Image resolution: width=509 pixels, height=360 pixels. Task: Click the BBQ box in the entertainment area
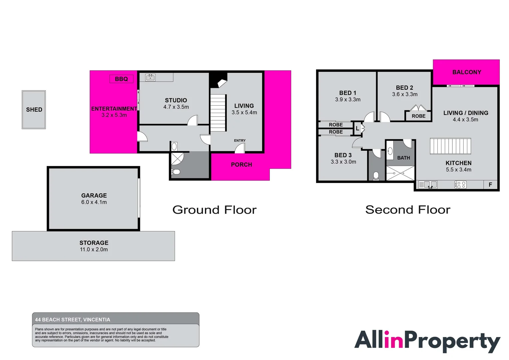[x=121, y=79]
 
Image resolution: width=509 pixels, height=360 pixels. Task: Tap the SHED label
[x=34, y=110]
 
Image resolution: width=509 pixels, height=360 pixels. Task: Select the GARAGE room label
[x=94, y=196]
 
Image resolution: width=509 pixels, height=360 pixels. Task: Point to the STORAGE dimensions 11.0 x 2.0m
[x=94, y=250]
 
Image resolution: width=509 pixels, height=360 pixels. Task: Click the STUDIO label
[x=176, y=100]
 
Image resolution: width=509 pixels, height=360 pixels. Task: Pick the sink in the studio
[x=150, y=78]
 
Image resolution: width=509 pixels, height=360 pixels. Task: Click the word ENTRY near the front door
[x=240, y=141]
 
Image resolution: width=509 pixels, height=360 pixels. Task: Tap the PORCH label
[x=242, y=165]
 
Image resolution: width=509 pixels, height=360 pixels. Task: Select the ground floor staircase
[x=218, y=113]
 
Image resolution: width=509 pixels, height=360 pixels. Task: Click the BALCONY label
[x=467, y=72]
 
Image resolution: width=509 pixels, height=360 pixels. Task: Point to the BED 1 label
[x=348, y=93]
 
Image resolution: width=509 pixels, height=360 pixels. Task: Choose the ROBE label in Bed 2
[x=418, y=116]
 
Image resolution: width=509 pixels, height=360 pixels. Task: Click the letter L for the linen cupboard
[x=357, y=128]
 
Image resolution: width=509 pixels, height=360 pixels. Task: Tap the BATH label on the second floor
[x=403, y=158]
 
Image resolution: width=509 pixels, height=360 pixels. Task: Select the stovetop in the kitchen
[x=460, y=185]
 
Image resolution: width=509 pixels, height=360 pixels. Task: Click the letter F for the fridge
[x=490, y=185]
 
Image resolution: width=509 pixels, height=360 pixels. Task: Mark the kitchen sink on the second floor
[x=428, y=185]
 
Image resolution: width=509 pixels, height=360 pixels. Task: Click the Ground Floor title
[x=215, y=210]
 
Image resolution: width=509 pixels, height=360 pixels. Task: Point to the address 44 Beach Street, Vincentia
[x=73, y=320]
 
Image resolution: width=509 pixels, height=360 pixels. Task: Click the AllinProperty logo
[x=427, y=341]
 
